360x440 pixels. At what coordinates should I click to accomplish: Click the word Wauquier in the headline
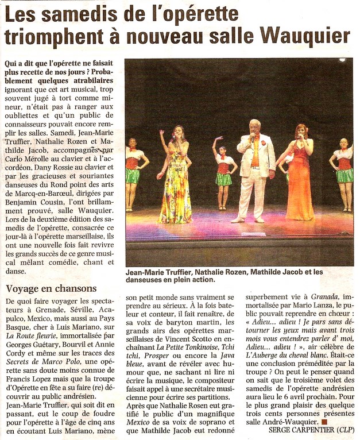coord(304,36)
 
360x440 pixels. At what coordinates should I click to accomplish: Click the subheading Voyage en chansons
coord(51,288)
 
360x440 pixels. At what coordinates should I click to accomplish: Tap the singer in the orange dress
coord(300,178)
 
